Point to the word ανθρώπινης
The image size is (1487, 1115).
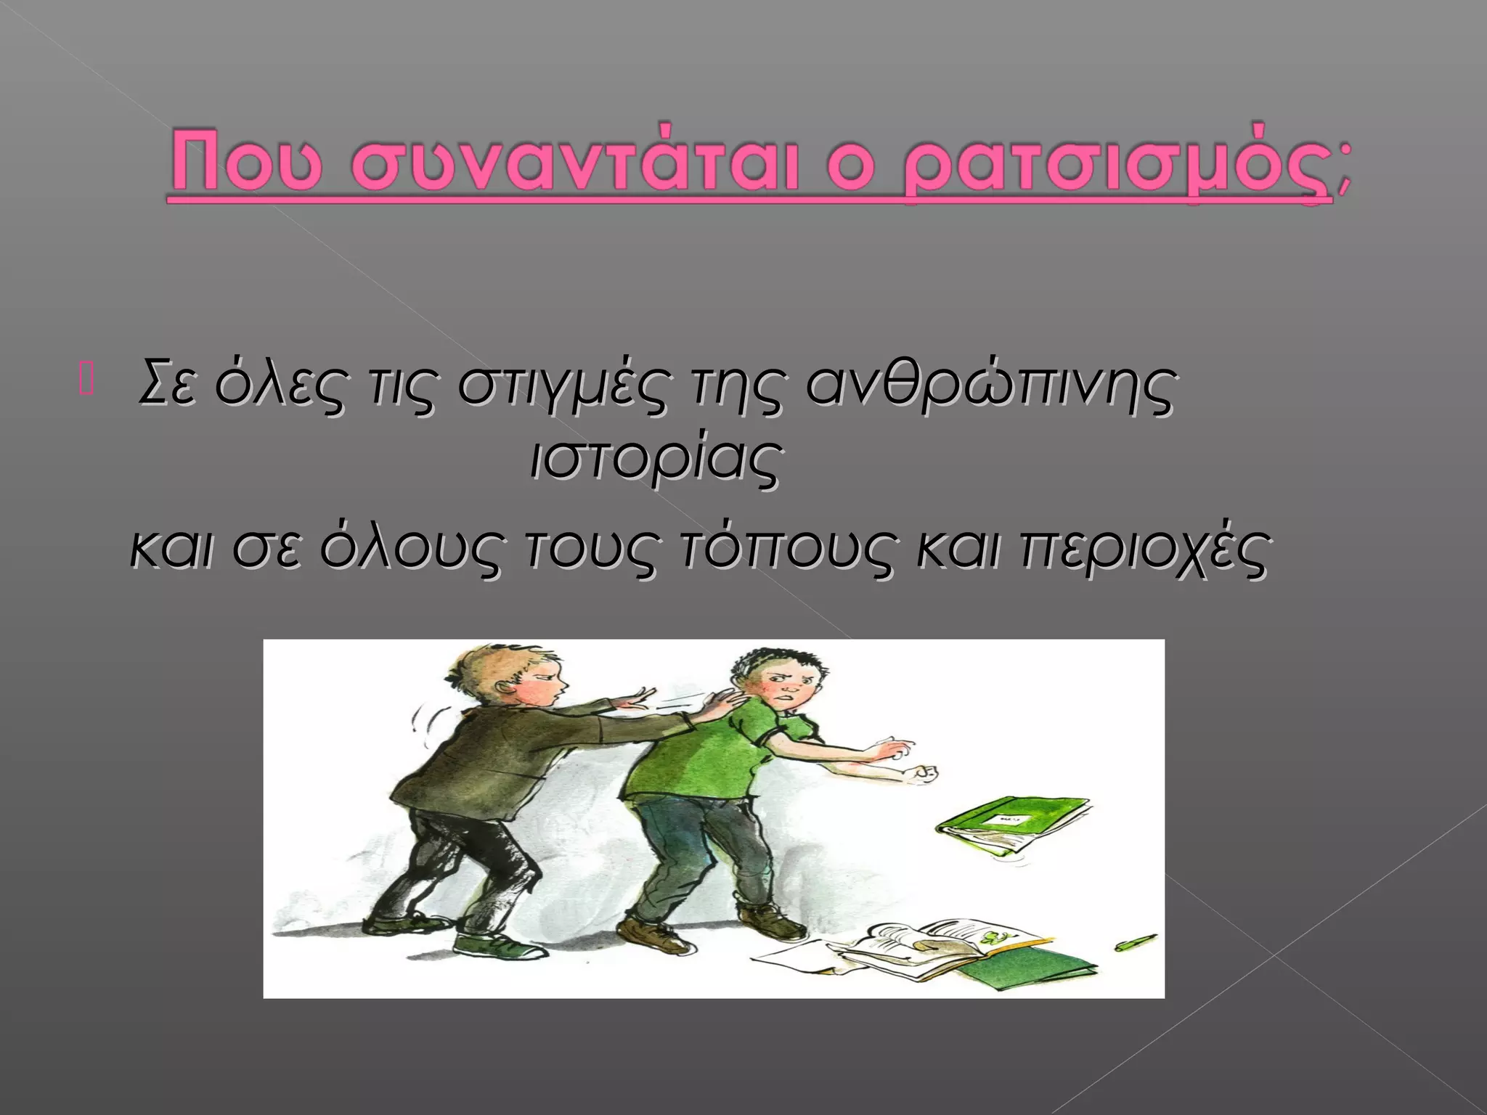pyautogui.click(x=989, y=385)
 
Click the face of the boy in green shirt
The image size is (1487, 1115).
pyautogui.click(x=788, y=683)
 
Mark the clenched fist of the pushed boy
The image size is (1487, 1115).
pyautogui.click(x=924, y=775)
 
